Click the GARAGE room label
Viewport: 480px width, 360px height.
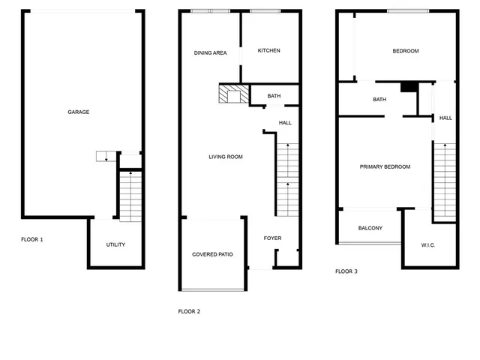coord(79,112)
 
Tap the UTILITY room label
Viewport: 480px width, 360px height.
coord(115,244)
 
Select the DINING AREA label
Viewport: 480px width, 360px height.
coord(210,52)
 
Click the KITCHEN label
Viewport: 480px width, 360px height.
coord(268,50)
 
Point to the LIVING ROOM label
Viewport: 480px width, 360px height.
coord(225,157)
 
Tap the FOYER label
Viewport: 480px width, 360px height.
coord(272,238)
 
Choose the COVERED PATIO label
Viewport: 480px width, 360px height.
coord(212,254)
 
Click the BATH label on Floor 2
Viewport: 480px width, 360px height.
coord(274,96)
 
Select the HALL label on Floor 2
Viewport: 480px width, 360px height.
coord(285,122)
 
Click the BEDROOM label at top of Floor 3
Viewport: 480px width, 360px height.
coord(406,51)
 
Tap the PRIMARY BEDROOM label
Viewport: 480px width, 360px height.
coord(385,166)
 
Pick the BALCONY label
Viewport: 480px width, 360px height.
coord(370,228)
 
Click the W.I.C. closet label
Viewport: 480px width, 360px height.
coord(429,245)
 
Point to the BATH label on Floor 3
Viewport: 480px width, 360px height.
coord(379,100)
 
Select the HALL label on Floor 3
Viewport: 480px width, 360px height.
coord(445,118)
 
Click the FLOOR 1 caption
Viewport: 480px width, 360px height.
coord(31,239)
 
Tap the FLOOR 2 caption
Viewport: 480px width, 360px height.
coord(189,311)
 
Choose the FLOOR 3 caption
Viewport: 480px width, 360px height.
coord(346,271)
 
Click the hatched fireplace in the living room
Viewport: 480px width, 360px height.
coord(229,94)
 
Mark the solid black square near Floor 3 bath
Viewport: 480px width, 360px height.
coord(408,87)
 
